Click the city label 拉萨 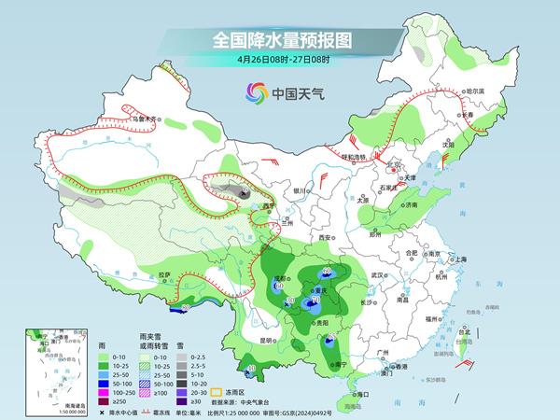click(165, 274)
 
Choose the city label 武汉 click(378, 275)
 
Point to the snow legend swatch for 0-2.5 click(185, 356)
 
